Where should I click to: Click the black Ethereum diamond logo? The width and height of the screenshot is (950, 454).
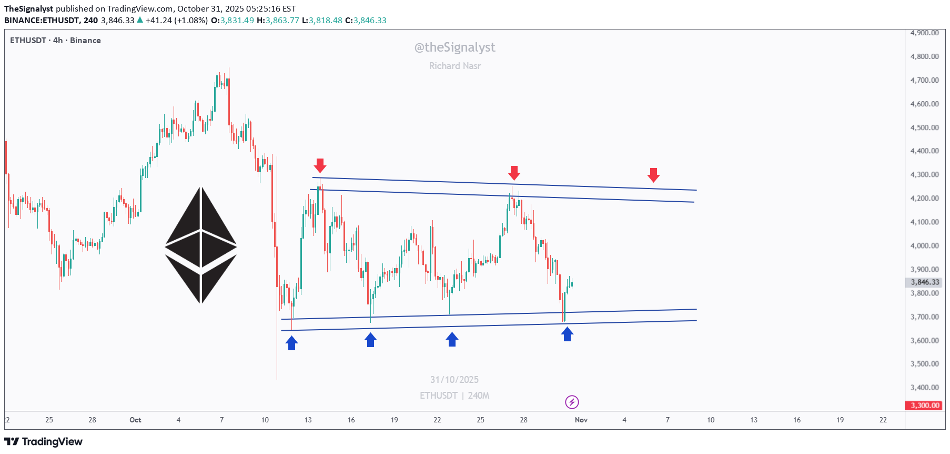201,245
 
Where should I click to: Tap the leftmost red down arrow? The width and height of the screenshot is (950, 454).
320,165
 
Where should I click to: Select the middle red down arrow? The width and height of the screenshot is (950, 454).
514,172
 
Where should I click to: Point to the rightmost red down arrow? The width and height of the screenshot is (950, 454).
653,175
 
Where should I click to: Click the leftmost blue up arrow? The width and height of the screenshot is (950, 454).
291,343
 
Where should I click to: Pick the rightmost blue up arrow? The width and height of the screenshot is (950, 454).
567,334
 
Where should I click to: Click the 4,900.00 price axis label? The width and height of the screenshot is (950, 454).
924,33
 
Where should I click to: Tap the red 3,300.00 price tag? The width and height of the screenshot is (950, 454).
925,406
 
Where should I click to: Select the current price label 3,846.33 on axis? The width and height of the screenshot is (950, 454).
925,282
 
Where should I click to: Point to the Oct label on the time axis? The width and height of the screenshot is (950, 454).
135,420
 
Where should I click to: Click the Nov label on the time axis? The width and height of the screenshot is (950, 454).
581,420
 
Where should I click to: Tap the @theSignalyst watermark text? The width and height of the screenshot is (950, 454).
455,47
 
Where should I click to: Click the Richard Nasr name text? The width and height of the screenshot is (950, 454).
455,66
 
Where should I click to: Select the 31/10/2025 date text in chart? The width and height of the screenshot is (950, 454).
454,380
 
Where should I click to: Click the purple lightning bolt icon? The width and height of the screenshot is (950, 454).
572,402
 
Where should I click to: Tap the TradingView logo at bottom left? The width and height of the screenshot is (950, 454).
44,441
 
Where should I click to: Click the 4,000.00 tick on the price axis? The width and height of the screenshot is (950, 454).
924,245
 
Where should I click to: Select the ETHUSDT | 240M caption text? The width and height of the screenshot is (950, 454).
454,396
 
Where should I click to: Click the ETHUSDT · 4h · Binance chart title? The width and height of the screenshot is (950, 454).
55,41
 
